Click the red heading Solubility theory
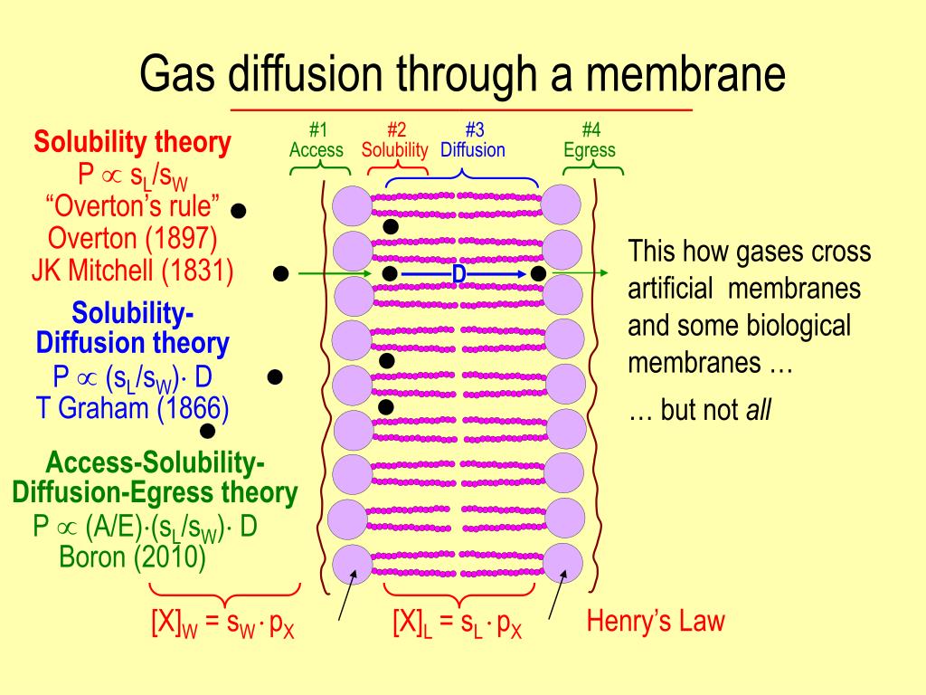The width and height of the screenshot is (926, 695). coord(132,142)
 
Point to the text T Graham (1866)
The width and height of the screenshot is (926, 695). coord(132,408)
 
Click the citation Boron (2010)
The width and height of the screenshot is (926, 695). coord(132,556)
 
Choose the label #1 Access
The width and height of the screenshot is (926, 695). coord(316,141)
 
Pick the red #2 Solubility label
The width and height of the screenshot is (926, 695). coord(394,141)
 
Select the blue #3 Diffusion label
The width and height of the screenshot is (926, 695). coord(472,141)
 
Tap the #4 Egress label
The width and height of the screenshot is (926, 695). coord(589,141)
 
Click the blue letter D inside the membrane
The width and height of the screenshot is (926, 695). coord(458,273)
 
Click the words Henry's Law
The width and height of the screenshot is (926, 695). coord(656,622)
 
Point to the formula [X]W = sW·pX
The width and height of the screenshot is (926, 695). coord(222,624)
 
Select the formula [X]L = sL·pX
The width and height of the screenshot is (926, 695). coord(457,624)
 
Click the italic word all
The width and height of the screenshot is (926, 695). coord(758,412)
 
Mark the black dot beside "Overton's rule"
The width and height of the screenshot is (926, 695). coord(239,211)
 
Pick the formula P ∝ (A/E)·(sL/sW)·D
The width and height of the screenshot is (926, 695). coord(145,526)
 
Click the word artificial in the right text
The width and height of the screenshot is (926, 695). coord(670,290)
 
